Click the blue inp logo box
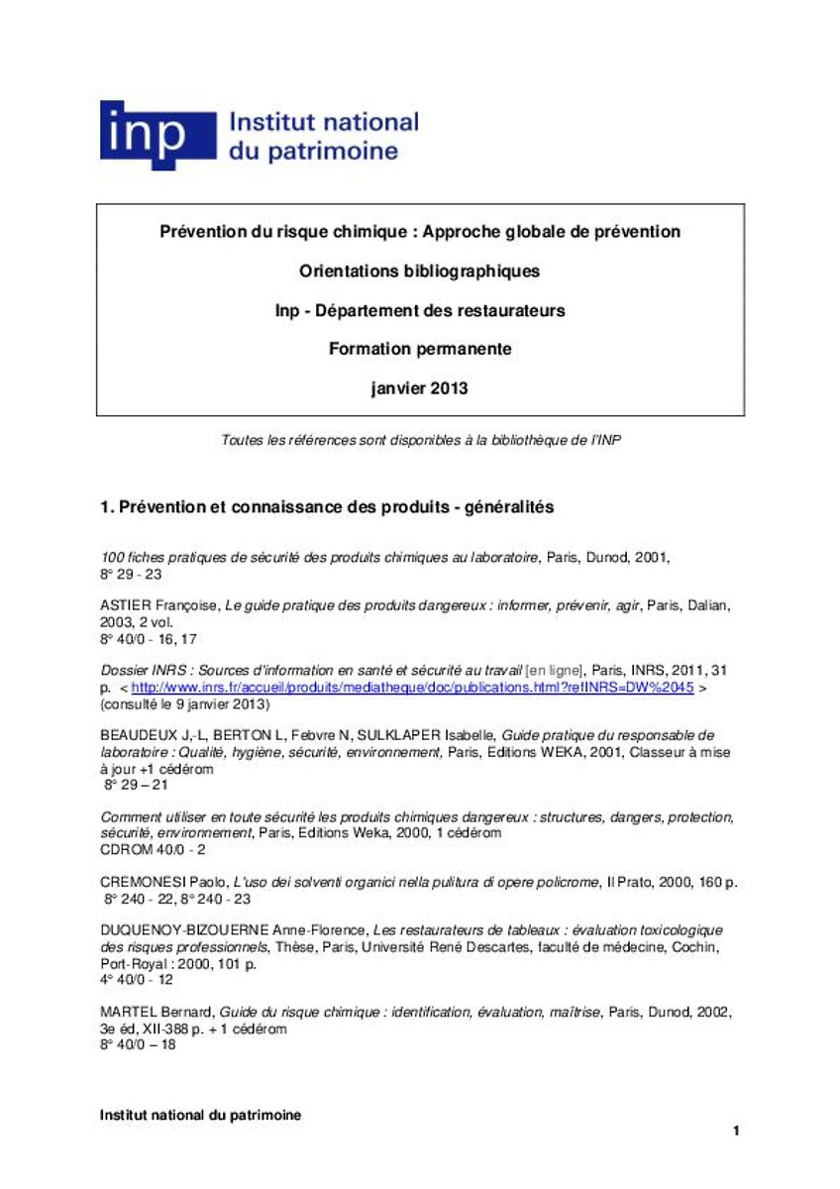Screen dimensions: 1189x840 click(x=157, y=135)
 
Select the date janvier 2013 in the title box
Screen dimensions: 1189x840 click(x=419, y=388)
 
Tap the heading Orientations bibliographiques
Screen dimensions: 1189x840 click(x=419, y=270)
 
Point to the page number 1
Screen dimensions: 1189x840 click(x=736, y=1131)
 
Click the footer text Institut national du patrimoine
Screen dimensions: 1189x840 click(x=200, y=1115)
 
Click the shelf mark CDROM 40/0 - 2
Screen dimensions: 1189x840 click(x=154, y=849)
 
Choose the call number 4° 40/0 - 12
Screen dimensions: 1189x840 click(x=137, y=979)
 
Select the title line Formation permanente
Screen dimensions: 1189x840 click(x=419, y=349)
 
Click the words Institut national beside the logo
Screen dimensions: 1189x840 click(x=324, y=123)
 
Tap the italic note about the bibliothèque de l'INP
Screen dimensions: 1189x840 click(x=420, y=440)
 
